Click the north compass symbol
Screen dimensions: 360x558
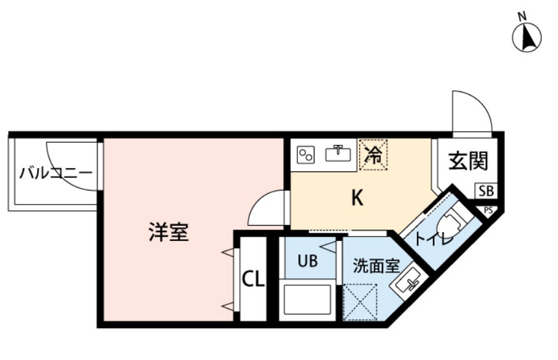click(527, 37)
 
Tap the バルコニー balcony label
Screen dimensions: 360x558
click(56, 173)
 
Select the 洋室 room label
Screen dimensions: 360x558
click(169, 233)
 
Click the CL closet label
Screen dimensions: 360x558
click(253, 279)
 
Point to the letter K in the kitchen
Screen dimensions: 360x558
click(357, 199)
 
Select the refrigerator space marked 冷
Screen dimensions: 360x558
click(373, 154)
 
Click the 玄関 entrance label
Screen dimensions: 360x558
click(467, 161)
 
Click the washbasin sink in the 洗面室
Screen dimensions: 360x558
click(408, 281)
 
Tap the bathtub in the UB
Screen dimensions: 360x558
click(307, 299)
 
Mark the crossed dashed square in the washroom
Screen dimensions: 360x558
click(360, 300)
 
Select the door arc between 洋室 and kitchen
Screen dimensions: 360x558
click(267, 208)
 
